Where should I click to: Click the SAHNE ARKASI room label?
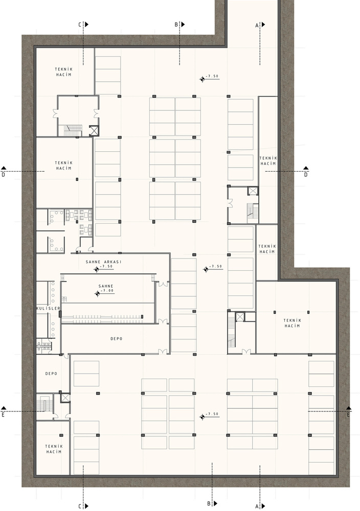pyautogui.click(x=103, y=262)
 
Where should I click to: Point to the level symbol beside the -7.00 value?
pyautogui.click(x=97, y=294)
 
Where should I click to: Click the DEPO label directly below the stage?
pyautogui.click(x=117, y=339)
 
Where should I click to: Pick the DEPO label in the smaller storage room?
pyautogui.click(x=51, y=374)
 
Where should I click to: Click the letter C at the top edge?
pyautogui.click(x=80, y=25)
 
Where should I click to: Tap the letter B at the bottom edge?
pyautogui.click(x=209, y=503)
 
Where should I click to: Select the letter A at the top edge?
pyautogui.click(x=257, y=25)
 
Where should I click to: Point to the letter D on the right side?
pyautogui.click(x=306, y=175)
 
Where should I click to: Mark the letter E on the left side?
pyautogui.click(x=3, y=415)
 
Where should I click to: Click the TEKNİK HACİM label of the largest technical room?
pyautogui.click(x=292, y=323)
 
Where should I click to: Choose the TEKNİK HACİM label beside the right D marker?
pyautogui.click(x=268, y=160)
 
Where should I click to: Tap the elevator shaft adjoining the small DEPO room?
pyautogui.click(x=65, y=398)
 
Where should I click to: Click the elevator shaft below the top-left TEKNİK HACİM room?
pyautogui.click(x=94, y=131)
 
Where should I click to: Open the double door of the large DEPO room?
pyautogui.click(x=163, y=351)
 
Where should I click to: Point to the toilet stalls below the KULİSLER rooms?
pyautogui.click(x=43, y=345)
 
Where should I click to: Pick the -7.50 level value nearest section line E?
pyautogui.click(x=212, y=414)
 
